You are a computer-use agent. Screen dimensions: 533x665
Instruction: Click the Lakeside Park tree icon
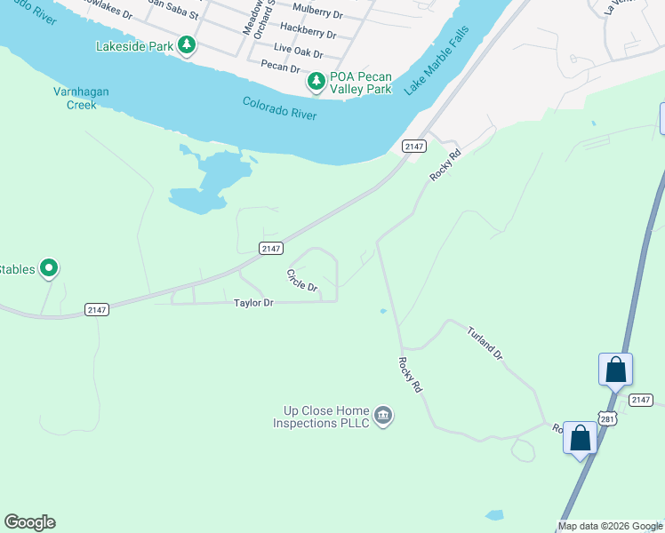(x=186, y=44)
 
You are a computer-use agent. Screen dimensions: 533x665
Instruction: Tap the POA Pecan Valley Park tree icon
(x=316, y=83)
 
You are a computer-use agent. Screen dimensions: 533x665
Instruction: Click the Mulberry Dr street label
(x=317, y=14)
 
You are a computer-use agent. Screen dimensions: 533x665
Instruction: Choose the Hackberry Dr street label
(x=308, y=35)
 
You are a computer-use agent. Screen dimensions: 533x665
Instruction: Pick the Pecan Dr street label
(x=280, y=67)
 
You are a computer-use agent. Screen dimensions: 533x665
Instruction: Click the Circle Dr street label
(x=302, y=281)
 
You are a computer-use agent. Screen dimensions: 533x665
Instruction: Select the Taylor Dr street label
(x=252, y=303)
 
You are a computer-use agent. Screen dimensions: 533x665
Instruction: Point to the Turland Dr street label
(x=485, y=342)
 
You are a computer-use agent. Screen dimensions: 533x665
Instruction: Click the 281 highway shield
(x=606, y=417)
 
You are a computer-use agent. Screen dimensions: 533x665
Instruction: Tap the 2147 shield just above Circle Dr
(x=271, y=249)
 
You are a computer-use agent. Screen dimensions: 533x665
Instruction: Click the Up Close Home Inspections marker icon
(x=383, y=415)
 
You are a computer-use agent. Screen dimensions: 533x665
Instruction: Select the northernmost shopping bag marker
(x=615, y=370)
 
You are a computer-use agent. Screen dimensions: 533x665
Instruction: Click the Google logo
(x=29, y=522)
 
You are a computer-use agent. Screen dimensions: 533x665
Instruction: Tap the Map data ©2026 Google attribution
(x=610, y=526)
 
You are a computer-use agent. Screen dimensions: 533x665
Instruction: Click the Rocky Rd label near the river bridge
(x=446, y=165)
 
